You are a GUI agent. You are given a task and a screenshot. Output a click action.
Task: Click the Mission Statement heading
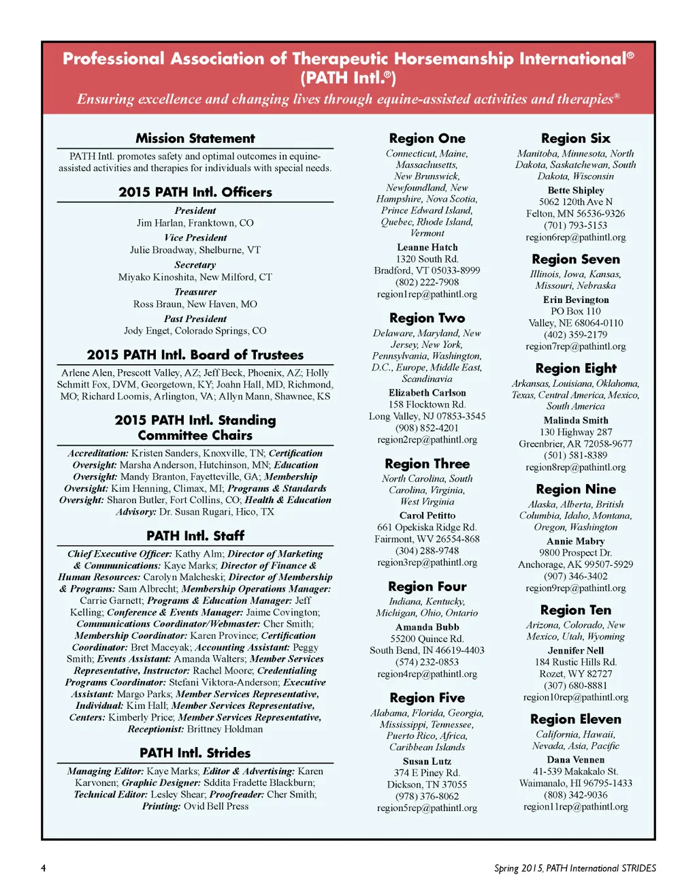point(195,138)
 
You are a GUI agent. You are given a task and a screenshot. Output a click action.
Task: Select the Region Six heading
point(576,138)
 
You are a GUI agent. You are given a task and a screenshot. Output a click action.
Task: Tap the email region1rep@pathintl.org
point(427,294)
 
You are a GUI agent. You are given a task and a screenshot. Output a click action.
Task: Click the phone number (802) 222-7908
point(427,283)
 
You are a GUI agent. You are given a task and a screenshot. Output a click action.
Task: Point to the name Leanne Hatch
point(427,247)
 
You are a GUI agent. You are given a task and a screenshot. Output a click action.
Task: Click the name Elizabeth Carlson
point(427,393)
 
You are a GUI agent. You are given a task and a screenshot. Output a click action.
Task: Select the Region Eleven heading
point(576,719)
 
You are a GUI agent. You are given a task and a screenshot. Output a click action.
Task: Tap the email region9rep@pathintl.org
point(576,588)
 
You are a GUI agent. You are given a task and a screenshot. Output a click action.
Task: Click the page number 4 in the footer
point(44,868)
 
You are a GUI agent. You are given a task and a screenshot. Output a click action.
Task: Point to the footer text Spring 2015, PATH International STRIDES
point(575,868)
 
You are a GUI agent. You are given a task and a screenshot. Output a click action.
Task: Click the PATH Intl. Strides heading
point(195,753)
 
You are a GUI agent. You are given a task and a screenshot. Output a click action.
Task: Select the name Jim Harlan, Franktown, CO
point(195,223)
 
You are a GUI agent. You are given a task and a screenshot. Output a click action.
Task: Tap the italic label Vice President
point(195,238)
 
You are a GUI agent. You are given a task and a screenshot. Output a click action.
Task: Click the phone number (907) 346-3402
point(576,576)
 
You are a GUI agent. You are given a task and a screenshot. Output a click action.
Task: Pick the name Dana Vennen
point(576,760)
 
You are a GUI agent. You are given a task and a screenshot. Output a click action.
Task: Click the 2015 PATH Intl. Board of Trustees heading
point(195,355)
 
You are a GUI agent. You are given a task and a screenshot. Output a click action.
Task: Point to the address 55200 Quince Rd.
point(427,639)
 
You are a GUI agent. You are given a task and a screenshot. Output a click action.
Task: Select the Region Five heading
point(427,698)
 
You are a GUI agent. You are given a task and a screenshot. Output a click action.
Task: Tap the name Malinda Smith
point(576,420)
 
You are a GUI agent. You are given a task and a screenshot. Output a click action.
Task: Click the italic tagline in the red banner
point(348,99)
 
